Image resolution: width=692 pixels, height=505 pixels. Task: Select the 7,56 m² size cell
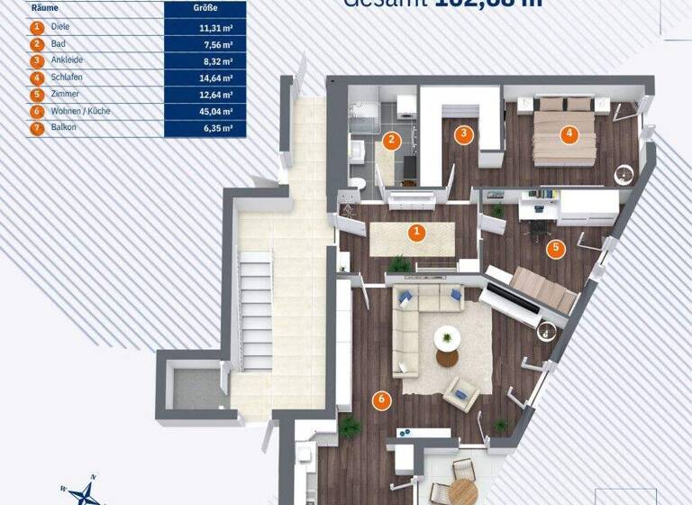pos(205,43)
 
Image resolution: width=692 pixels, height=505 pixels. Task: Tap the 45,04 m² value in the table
pos(205,111)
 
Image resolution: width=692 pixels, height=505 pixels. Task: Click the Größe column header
pos(205,8)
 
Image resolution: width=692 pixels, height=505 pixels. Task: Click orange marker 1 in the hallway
pos(416,233)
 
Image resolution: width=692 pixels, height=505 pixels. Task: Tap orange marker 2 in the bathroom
pos(391,140)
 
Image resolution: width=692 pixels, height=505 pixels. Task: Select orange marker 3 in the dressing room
pos(464,135)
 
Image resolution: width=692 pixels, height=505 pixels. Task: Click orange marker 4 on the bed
pos(568,135)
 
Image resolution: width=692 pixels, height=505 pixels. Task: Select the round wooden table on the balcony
pos(461,491)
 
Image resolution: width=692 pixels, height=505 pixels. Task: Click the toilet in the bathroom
pos(357,183)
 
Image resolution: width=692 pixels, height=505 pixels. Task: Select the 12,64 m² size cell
pos(205,95)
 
